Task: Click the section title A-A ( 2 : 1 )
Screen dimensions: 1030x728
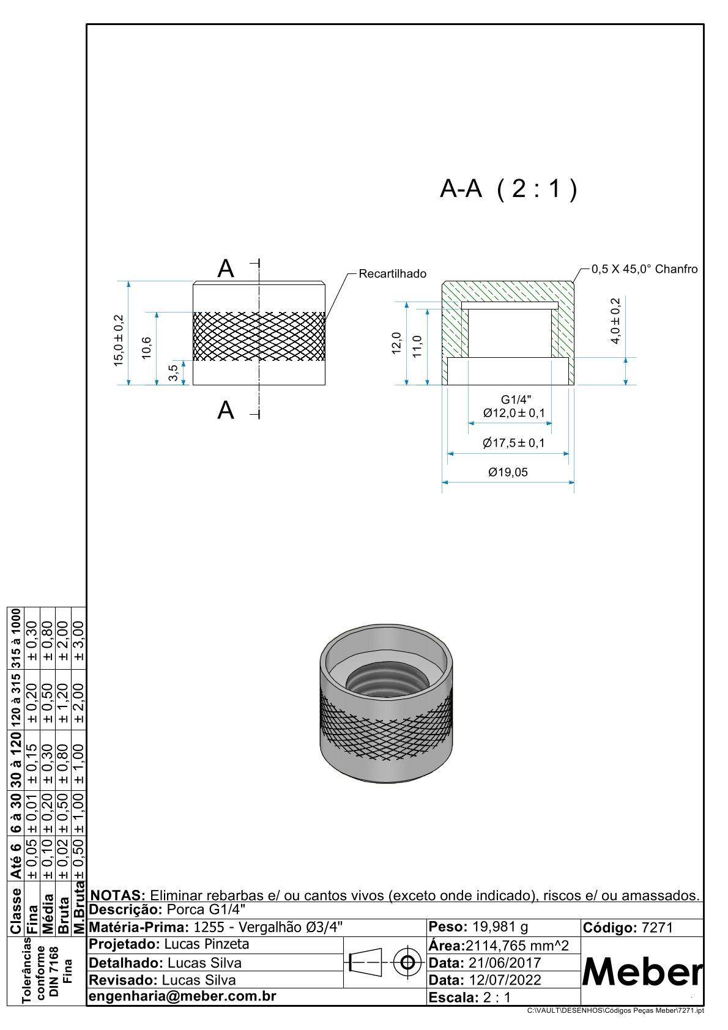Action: [508, 189]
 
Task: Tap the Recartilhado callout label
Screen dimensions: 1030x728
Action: [392, 273]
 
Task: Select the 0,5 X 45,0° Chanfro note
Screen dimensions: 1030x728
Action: [644, 269]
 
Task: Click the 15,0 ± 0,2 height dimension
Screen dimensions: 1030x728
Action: [119, 341]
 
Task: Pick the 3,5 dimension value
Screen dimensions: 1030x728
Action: [174, 372]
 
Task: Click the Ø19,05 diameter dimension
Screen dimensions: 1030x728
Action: [508, 472]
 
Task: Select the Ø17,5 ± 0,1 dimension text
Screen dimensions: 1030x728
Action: [513, 443]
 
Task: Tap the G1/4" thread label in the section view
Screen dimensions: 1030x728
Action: [516, 400]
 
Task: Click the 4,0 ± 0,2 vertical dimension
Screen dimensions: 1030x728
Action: [615, 320]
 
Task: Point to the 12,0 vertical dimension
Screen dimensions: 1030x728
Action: [396, 343]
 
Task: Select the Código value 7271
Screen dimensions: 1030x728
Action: [657, 928]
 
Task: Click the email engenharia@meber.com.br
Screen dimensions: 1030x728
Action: [183, 996]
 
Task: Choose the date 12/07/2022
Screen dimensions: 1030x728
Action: [505, 980]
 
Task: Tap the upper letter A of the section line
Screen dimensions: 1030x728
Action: [226, 269]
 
